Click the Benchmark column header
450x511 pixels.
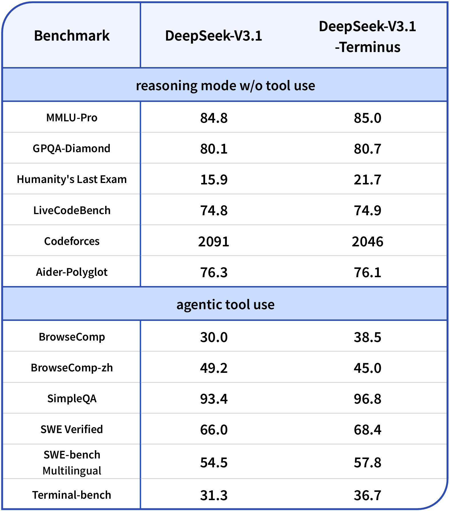72,36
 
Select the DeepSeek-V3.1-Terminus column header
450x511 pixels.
367,37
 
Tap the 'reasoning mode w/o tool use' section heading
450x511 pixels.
225,86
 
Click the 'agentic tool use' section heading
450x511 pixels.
225,304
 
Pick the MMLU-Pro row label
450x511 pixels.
72,118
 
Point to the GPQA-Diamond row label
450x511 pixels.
71,148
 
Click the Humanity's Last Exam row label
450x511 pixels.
72,179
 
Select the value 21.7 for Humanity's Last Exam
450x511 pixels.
367,180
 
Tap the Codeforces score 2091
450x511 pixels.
214,242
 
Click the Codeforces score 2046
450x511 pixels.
367,242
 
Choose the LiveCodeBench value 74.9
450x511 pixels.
367,210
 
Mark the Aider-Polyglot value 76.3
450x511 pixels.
214,272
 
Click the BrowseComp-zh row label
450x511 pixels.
72,368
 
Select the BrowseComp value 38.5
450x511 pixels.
367,337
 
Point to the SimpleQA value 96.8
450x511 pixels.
367,399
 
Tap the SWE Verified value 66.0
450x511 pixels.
214,430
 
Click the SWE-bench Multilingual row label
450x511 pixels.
72,462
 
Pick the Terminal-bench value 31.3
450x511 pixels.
214,495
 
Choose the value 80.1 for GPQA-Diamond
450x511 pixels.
214,149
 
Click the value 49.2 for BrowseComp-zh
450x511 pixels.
214,368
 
